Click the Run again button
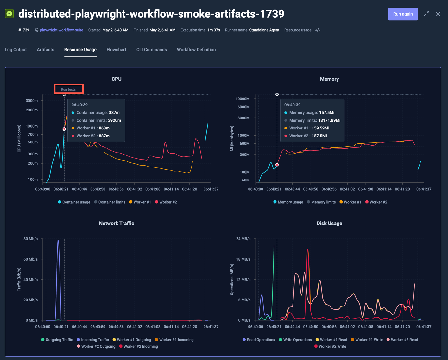point(403,14)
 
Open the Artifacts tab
point(45,50)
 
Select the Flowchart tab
point(116,50)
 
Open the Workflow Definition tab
point(196,50)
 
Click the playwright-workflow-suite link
point(61,30)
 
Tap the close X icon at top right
point(438,14)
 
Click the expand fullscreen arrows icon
point(426,14)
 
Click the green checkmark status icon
point(9,14)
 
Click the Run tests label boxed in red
point(68,89)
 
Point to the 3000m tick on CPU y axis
point(32,101)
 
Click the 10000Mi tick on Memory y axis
point(243,99)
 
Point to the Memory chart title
point(329,79)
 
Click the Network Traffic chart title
point(117,223)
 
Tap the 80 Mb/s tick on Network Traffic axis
point(30,239)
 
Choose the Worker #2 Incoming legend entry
point(140,346)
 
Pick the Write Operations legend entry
point(297,340)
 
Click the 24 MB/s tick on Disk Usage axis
point(243,239)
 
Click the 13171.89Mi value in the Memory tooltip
point(329,120)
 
